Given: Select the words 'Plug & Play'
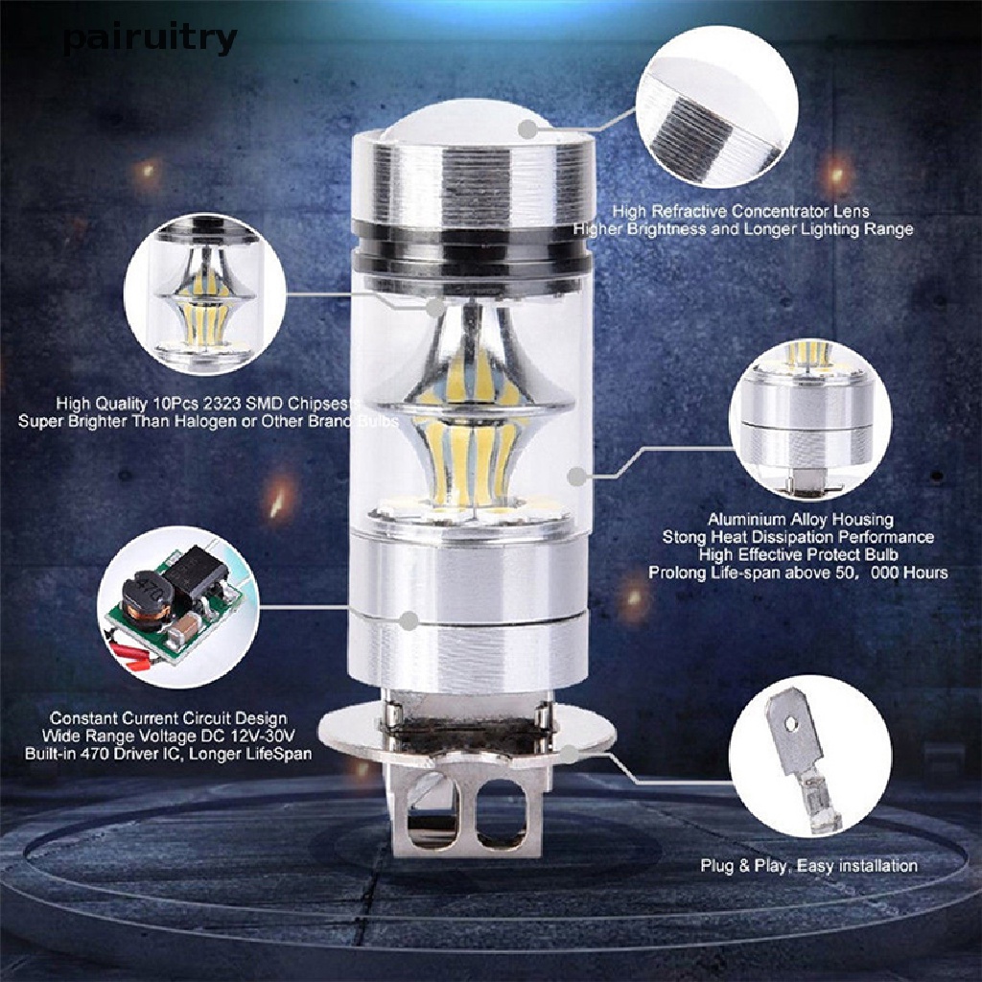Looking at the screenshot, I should click(x=744, y=866).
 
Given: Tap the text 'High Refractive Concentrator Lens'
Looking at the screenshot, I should click(x=743, y=210).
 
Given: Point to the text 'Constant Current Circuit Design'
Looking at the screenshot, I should click(x=168, y=717).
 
